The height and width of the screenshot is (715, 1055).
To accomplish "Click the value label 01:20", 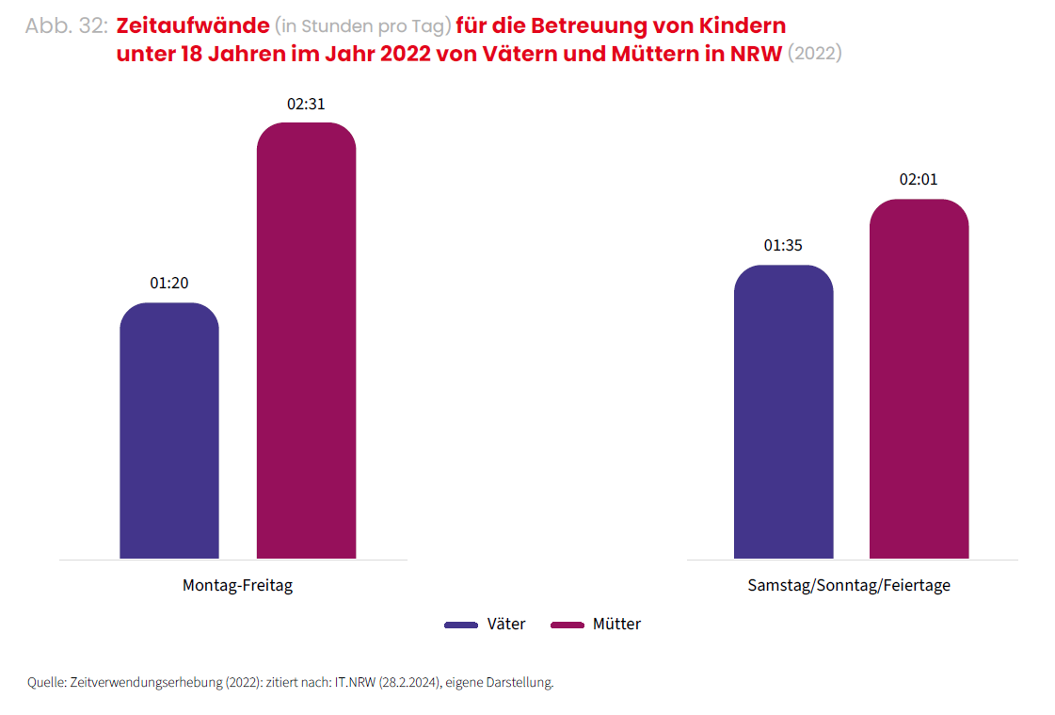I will click(x=169, y=283).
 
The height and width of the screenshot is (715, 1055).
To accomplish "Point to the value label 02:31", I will click(x=306, y=104).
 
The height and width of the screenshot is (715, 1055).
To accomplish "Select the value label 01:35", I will click(x=783, y=246).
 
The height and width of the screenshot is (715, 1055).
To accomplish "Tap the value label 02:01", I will click(x=919, y=180).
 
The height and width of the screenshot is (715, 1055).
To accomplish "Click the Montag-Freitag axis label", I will click(x=237, y=585).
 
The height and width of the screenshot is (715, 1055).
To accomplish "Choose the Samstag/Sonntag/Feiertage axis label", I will click(x=849, y=585).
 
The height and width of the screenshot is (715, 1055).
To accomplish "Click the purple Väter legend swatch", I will click(x=461, y=625).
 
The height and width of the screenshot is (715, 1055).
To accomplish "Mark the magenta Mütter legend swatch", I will click(x=567, y=625).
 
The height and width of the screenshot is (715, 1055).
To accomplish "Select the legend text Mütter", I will click(x=616, y=624).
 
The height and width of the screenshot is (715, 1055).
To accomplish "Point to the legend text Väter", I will click(x=506, y=624).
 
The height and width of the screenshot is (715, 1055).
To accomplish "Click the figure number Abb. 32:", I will click(x=67, y=26).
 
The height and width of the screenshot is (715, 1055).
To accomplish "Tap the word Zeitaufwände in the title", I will click(x=191, y=25).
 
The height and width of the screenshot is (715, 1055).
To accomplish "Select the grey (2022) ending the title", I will click(x=814, y=54).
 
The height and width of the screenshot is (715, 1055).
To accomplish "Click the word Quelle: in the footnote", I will click(x=47, y=682).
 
